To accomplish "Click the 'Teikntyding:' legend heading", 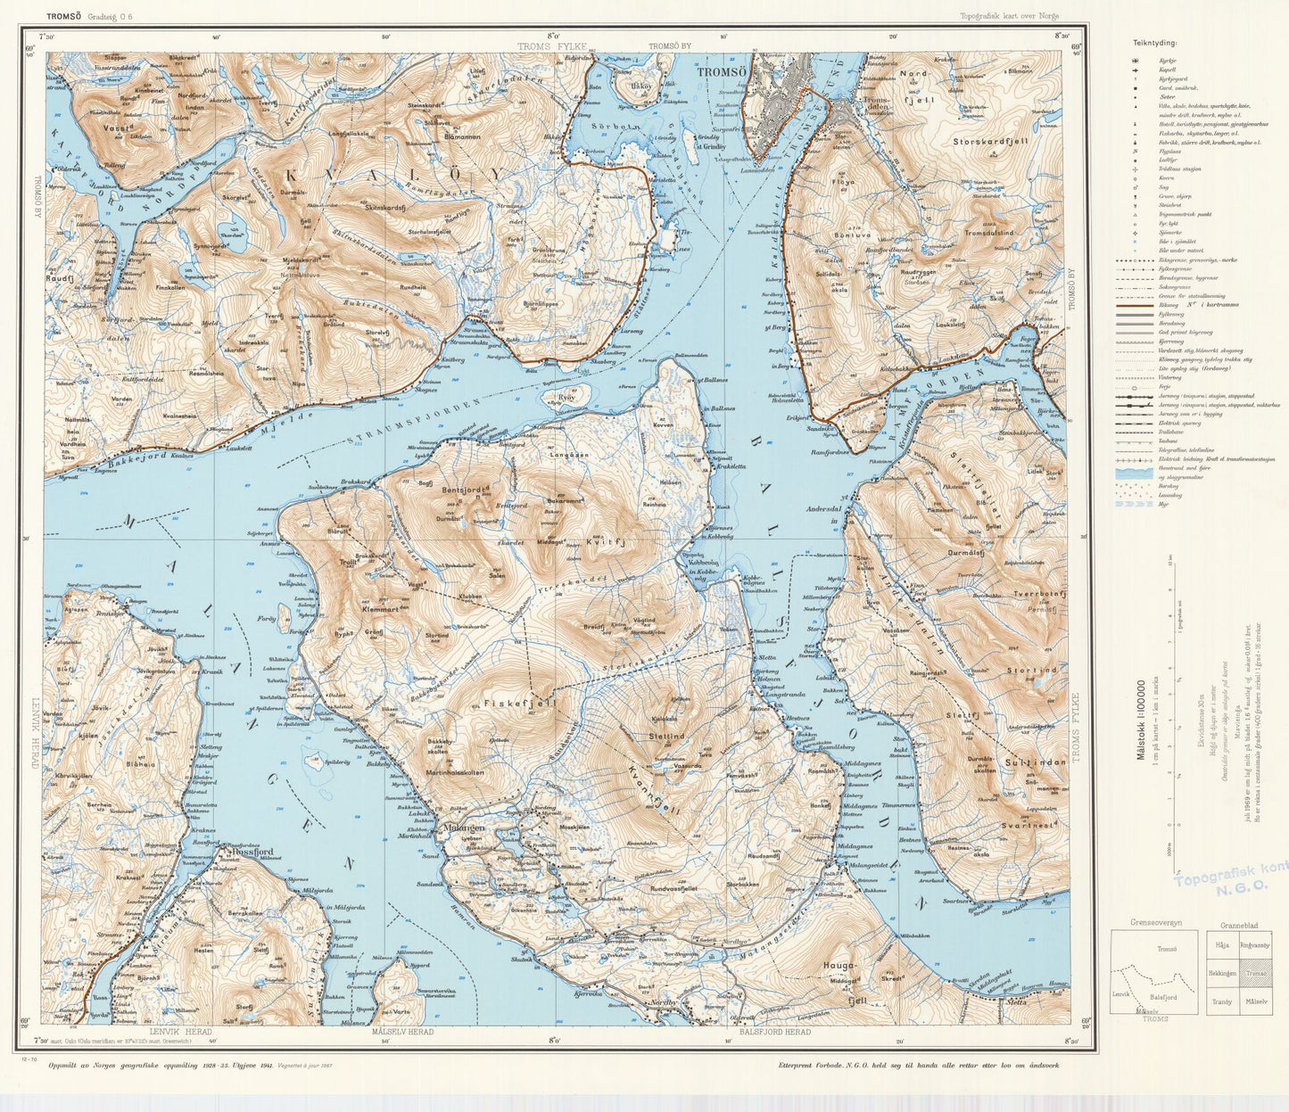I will click(1154, 43).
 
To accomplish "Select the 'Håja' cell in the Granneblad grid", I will click(1221, 944).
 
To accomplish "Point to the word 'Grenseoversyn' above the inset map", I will click(1154, 922).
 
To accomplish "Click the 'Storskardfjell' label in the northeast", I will click(990, 141).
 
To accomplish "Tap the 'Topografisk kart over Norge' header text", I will click(1010, 15).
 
